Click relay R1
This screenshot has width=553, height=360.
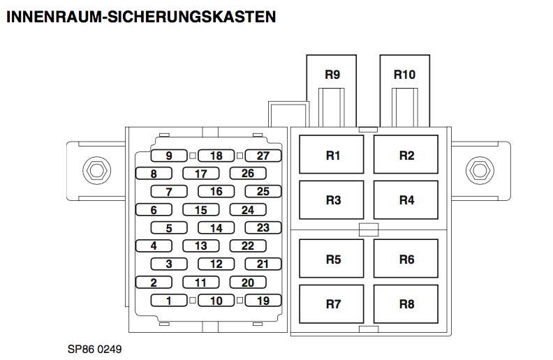click(332, 155)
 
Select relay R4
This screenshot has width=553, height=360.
click(406, 200)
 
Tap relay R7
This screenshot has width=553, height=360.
click(332, 304)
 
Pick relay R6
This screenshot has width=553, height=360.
click(406, 260)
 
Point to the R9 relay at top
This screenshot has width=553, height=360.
click(332, 75)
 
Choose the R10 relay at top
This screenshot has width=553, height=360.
click(404, 75)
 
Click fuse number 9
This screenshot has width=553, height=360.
click(170, 156)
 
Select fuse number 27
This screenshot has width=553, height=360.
click(263, 156)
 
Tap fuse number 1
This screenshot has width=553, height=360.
click(170, 301)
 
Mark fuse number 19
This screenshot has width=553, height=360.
click(263, 301)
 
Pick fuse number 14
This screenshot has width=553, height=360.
click(216, 228)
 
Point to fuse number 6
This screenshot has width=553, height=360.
click(154, 210)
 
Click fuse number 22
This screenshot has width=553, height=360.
click(248, 246)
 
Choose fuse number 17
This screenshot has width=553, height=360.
click(201, 174)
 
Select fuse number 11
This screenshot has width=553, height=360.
click(201, 283)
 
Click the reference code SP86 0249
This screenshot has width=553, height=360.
click(89, 347)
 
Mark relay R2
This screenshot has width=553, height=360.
click(406, 155)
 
